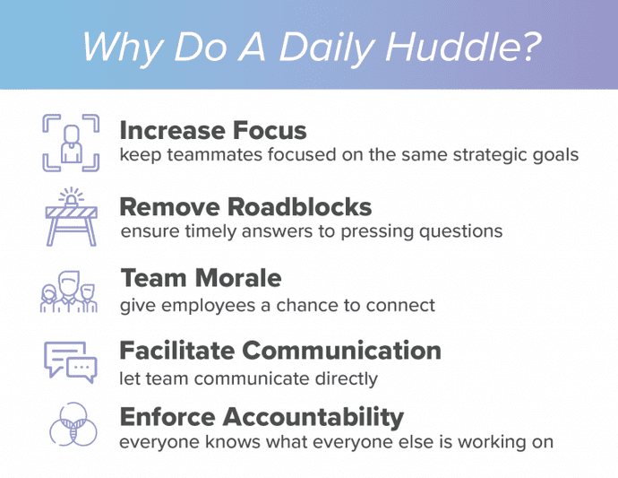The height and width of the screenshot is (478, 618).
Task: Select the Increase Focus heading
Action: [x=213, y=130]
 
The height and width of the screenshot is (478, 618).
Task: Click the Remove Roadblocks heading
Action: [x=245, y=207]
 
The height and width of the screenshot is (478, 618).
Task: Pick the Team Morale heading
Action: [x=201, y=277]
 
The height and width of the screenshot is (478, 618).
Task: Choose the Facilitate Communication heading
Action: [x=280, y=349]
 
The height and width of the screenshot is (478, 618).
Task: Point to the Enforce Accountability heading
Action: [x=262, y=416]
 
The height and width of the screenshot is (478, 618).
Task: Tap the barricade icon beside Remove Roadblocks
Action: [x=70, y=218]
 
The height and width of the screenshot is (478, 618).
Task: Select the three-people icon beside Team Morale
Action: [x=69, y=293]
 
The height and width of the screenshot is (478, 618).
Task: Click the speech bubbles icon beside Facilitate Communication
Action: [x=70, y=361]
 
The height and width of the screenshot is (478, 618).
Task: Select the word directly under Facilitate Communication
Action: [x=345, y=378]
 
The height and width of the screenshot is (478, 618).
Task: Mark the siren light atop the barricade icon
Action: [x=70, y=196]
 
